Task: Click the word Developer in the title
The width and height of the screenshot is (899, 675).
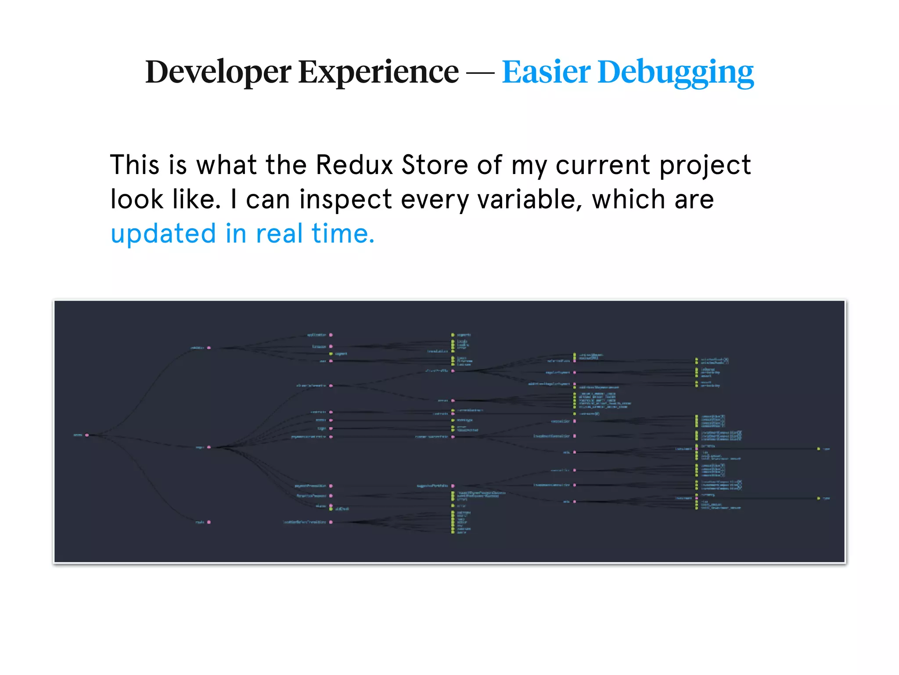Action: click(218, 72)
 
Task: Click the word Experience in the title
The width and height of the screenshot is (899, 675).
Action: click(378, 72)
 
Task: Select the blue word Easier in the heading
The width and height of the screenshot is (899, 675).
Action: click(546, 72)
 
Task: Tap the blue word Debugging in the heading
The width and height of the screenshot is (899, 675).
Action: click(676, 73)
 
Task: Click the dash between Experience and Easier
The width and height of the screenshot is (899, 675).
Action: click(480, 73)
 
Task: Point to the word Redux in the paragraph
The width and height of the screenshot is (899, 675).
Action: click(354, 165)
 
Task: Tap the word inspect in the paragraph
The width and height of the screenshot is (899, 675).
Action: click(345, 200)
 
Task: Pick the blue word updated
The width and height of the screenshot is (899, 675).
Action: click(163, 234)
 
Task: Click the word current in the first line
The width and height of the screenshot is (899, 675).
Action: click(603, 165)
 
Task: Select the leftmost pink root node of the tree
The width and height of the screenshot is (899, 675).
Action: click(87, 435)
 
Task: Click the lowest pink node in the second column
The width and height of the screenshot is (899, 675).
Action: click(209, 522)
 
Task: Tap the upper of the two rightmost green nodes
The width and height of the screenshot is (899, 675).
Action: click(818, 449)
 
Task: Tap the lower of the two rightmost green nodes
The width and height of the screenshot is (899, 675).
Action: click(818, 498)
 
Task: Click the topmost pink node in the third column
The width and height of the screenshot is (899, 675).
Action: click(331, 335)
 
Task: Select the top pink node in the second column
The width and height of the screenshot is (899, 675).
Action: click(209, 348)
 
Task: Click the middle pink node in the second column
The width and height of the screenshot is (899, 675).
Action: click(209, 447)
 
